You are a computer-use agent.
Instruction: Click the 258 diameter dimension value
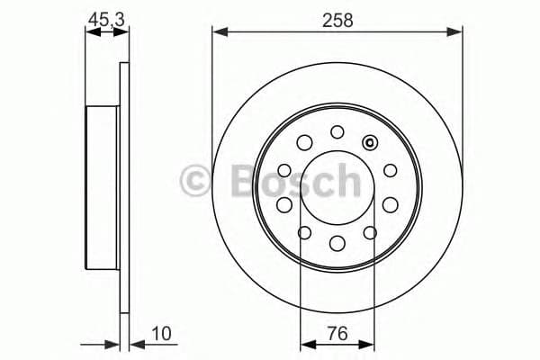pyautogui.click(x=337, y=18)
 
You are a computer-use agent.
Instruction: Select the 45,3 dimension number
pyautogui.click(x=106, y=18)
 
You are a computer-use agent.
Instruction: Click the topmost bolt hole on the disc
pyautogui.click(x=337, y=132)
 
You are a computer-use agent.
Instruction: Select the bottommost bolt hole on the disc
pyautogui.click(x=337, y=242)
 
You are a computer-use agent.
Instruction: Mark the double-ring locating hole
pyautogui.click(x=370, y=142)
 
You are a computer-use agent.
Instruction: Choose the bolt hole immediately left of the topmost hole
pyautogui.click(x=304, y=141)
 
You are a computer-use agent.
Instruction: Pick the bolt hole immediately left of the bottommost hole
pyautogui.click(x=304, y=233)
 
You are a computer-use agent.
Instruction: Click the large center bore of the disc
pyautogui.click(x=337, y=187)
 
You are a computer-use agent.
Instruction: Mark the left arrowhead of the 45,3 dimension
pyautogui.click(x=90, y=33)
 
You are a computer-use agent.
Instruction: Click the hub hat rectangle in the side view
pyautogui.click(x=102, y=187)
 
